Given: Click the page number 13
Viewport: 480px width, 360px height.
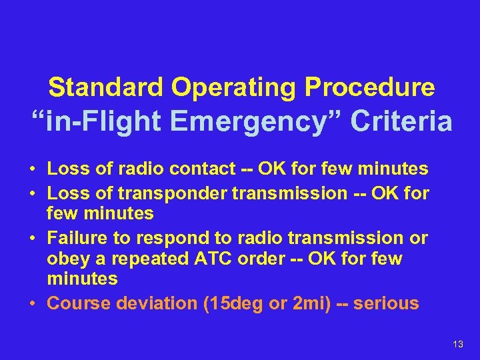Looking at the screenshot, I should tap(457, 344).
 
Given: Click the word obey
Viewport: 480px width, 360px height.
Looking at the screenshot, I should tap(67, 259).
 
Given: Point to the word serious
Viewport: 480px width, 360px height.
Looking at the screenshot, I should tap(386, 303).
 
